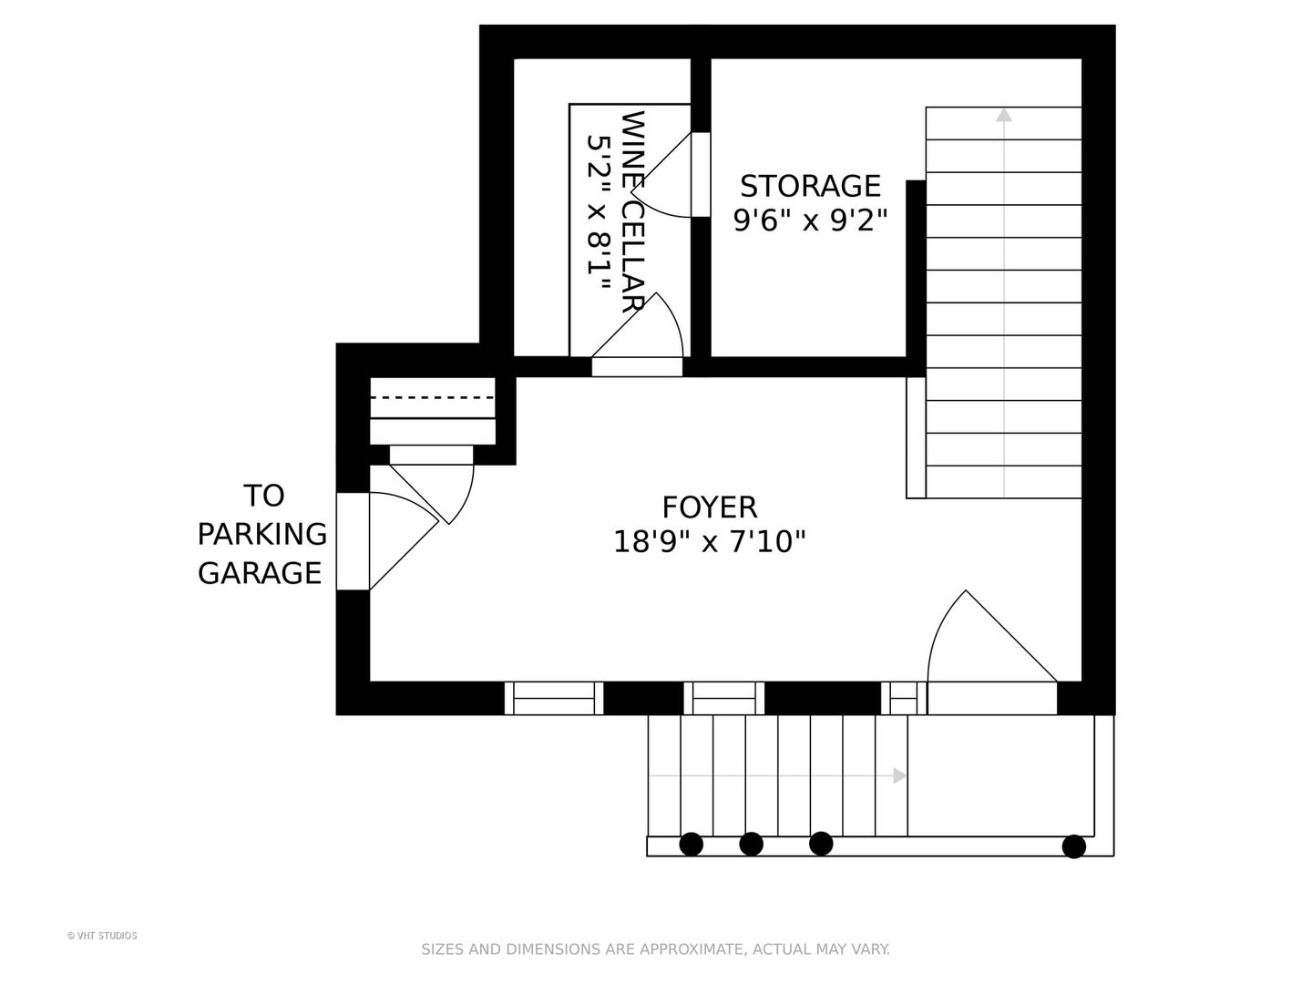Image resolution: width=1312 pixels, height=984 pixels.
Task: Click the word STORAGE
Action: (x=810, y=186)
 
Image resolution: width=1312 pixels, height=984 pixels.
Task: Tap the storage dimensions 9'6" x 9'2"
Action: (x=810, y=221)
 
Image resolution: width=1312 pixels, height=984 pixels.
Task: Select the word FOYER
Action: (x=710, y=507)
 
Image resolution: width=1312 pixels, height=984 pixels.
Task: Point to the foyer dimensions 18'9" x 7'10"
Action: (x=710, y=542)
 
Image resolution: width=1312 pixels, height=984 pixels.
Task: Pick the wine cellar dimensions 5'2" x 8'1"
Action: (x=599, y=212)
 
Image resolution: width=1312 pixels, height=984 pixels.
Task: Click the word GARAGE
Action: (x=260, y=573)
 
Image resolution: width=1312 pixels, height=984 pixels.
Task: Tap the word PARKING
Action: (x=261, y=534)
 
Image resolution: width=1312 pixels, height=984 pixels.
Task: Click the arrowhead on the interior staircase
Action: (x=1003, y=115)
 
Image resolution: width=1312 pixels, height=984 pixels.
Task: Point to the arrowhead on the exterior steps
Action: (x=899, y=776)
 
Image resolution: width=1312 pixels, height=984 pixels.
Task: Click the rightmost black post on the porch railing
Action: (x=1073, y=846)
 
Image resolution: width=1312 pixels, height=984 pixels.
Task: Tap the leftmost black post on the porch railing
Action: (x=691, y=845)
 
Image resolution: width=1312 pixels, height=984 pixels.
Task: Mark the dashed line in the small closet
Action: (x=432, y=397)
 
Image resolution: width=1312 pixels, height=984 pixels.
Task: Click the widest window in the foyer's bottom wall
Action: (x=553, y=698)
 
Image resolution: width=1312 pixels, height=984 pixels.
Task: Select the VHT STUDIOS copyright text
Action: (x=102, y=936)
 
